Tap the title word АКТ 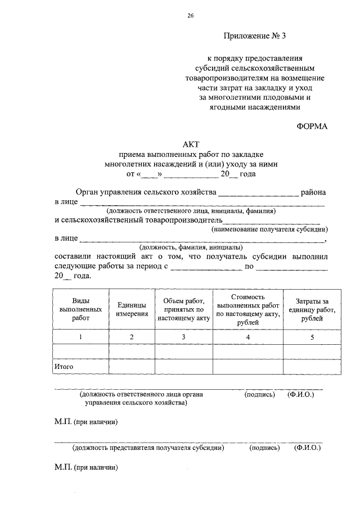pos(191,145)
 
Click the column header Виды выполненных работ pos(80,309)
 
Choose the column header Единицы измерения pos(132,309)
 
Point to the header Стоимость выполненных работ pos(248,309)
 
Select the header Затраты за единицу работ pos(312,309)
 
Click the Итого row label pos(64,367)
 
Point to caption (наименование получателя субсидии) pos(269,229)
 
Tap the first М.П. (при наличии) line pos(86,421)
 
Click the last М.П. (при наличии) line pos(86,467)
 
